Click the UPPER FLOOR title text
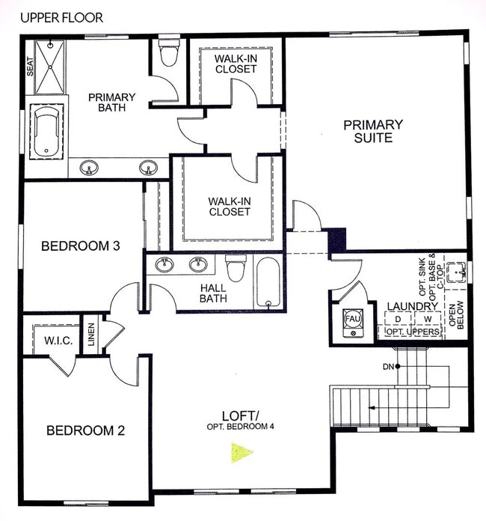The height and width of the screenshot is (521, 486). [x=62, y=16]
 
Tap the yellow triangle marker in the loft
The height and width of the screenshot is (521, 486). [x=241, y=452]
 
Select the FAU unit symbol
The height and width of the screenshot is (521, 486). [x=352, y=318]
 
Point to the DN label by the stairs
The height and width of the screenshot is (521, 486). [x=387, y=366]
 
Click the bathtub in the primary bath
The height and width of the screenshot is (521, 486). [x=47, y=132]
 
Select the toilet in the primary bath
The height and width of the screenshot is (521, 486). [x=168, y=53]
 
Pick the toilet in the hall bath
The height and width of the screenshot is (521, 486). [x=236, y=267]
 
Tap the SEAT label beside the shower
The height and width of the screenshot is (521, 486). [x=31, y=68]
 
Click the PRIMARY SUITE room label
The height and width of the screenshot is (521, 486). [x=373, y=131]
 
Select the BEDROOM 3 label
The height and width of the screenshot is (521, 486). [x=81, y=246]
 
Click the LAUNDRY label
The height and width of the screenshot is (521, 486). [x=412, y=306]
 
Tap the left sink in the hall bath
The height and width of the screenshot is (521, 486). [x=165, y=263]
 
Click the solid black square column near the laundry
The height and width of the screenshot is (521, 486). [x=338, y=240]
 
